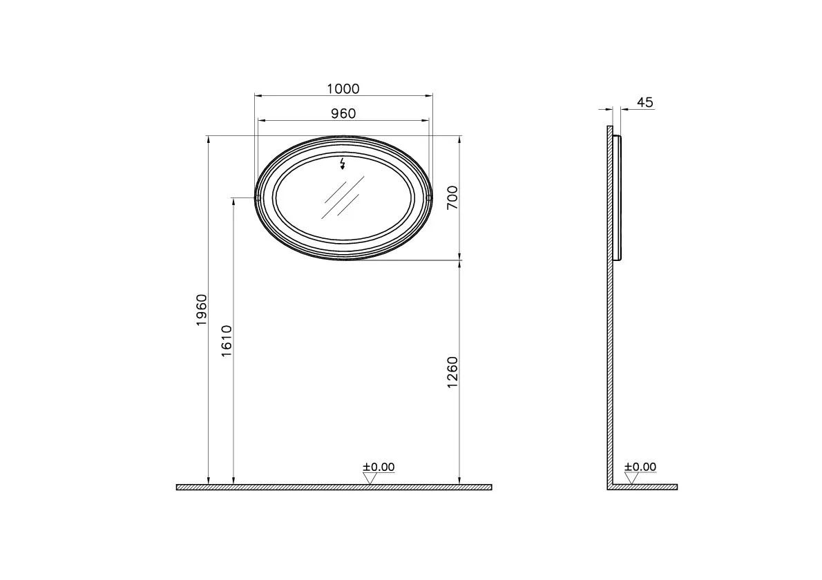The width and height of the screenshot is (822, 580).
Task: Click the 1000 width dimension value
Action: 343,88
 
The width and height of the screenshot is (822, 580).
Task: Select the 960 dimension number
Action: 343,113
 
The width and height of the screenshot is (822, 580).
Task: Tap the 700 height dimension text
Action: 451,197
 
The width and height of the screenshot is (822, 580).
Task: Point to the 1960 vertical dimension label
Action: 201,310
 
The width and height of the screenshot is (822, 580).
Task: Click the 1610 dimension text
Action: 227,340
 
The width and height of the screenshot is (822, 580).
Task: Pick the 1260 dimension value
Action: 452,372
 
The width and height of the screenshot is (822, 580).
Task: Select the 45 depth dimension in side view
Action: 644,102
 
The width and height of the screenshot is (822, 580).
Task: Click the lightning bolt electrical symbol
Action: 343,164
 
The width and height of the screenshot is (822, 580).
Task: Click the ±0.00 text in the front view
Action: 379,467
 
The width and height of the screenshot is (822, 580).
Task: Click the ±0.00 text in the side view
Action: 640,467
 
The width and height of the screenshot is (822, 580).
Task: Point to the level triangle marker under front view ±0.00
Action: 370,478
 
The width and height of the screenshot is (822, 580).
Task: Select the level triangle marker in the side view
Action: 631,478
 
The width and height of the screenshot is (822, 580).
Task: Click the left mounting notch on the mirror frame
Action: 258,198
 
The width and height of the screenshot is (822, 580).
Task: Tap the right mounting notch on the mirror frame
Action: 429,198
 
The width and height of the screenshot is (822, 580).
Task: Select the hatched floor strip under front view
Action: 334,487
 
